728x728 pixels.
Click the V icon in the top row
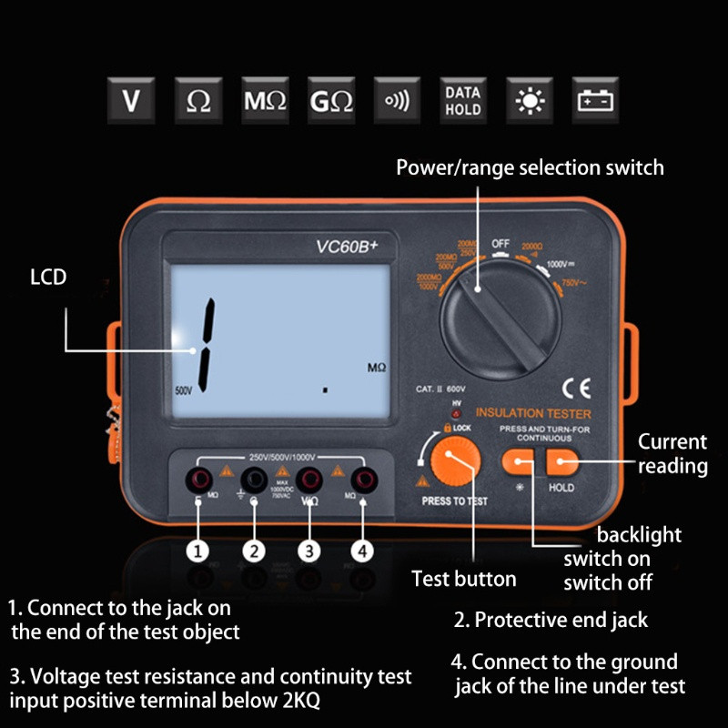132,100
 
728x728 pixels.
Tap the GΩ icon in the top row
330,100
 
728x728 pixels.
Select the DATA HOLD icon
462,100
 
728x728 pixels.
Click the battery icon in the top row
595,100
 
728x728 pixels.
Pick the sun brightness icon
529,100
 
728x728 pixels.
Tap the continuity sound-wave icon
397,100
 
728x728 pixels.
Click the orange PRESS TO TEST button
454,463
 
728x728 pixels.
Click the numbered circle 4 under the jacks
362,551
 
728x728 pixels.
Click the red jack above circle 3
309,479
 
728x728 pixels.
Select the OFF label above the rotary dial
500,244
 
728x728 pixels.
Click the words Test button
464,579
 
